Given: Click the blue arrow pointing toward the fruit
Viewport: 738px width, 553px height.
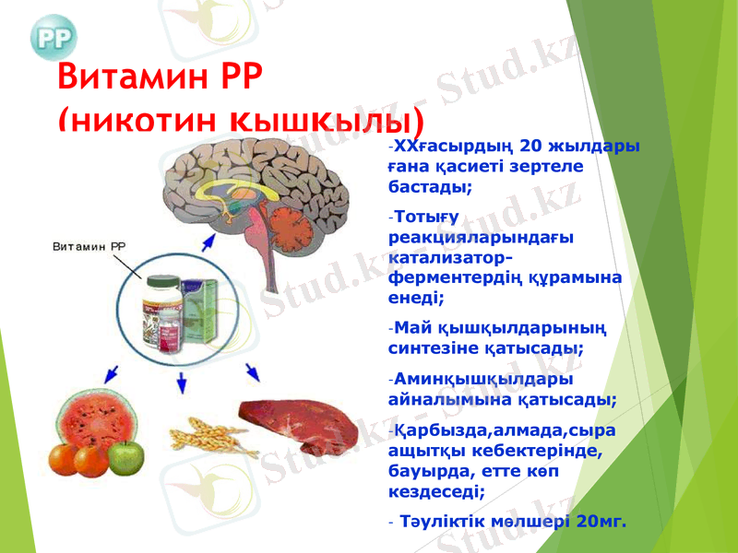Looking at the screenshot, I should (x=111, y=373).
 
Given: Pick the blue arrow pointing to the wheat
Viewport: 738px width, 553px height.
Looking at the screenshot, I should (x=183, y=382).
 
